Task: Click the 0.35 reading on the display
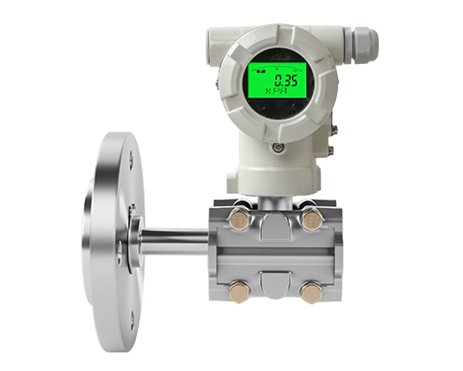[x=286, y=81]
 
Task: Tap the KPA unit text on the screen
[x=276, y=91]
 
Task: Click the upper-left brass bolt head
[x=239, y=221]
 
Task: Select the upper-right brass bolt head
[x=313, y=220]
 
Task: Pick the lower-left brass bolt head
[x=239, y=292]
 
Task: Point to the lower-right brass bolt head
[x=312, y=292]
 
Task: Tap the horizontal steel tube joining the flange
[x=173, y=242]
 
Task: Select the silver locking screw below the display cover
[x=278, y=147]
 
